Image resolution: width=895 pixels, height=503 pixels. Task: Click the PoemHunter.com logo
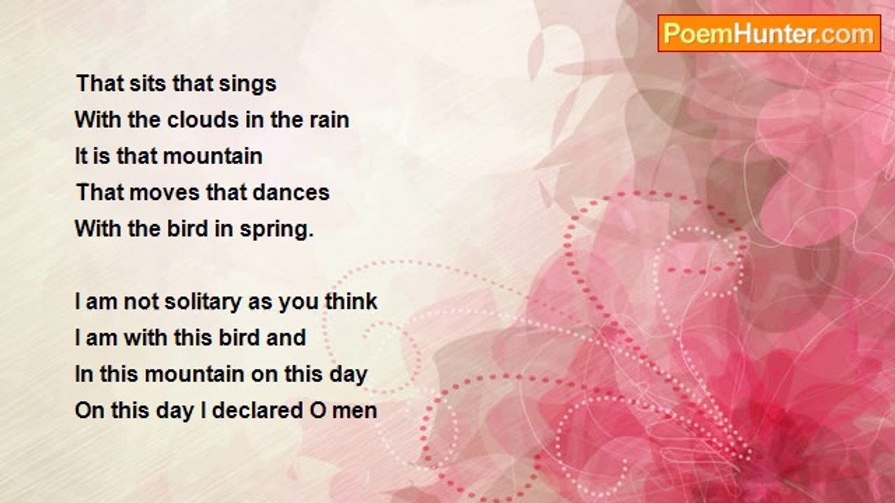pyautogui.click(x=769, y=34)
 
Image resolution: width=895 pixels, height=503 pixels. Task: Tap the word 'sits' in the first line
pyautogui.click(x=148, y=83)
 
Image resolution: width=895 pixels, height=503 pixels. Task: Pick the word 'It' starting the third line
pyautogui.click(x=81, y=156)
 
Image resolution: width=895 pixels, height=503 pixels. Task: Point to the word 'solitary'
pyautogui.click(x=203, y=302)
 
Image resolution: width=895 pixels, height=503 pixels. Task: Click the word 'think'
pyautogui.click(x=351, y=301)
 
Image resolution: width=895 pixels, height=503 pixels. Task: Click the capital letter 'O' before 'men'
pyautogui.click(x=318, y=411)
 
